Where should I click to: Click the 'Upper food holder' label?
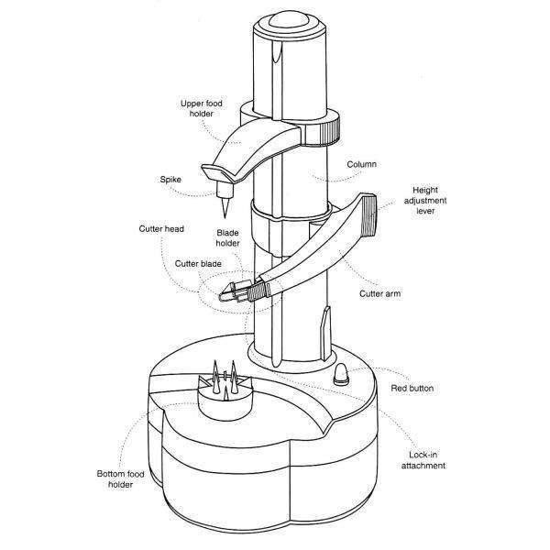click(x=202, y=108)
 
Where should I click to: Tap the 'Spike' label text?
click(x=170, y=180)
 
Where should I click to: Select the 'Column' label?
click(x=362, y=164)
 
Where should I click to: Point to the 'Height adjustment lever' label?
click(x=425, y=200)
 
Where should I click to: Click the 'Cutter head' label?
click(x=161, y=228)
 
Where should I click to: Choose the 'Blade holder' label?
click(x=227, y=237)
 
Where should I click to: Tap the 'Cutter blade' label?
click(x=198, y=264)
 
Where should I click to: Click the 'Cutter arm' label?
click(x=379, y=293)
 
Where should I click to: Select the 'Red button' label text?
click(x=412, y=389)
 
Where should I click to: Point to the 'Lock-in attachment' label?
click(x=423, y=460)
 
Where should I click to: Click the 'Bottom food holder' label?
click(x=120, y=479)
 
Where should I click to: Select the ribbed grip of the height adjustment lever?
click(x=368, y=214)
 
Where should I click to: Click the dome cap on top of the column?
click(x=290, y=21)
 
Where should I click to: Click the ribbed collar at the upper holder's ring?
click(x=330, y=130)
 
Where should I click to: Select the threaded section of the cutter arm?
click(x=258, y=290)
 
